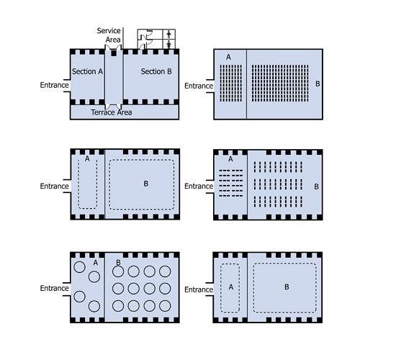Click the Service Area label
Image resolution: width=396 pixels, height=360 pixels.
pyautogui.click(x=109, y=35)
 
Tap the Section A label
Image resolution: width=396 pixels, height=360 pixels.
pyautogui.click(x=87, y=71)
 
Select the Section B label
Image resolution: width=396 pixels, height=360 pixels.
pyautogui.click(x=156, y=71)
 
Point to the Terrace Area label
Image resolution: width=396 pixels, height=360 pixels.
pyautogui.click(x=112, y=112)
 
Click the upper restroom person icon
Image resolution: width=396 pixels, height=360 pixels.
pyautogui.click(x=169, y=34)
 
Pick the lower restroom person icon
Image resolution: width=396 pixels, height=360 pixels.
pyautogui.click(x=169, y=45)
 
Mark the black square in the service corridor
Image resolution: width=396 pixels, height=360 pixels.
pyautogui.click(x=114, y=53)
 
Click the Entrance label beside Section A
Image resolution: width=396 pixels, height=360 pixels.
pyautogui.click(x=54, y=85)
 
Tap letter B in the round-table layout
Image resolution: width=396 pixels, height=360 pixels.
pyautogui.click(x=118, y=263)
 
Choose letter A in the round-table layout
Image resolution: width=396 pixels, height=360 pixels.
pyautogui.click(x=96, y=263)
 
